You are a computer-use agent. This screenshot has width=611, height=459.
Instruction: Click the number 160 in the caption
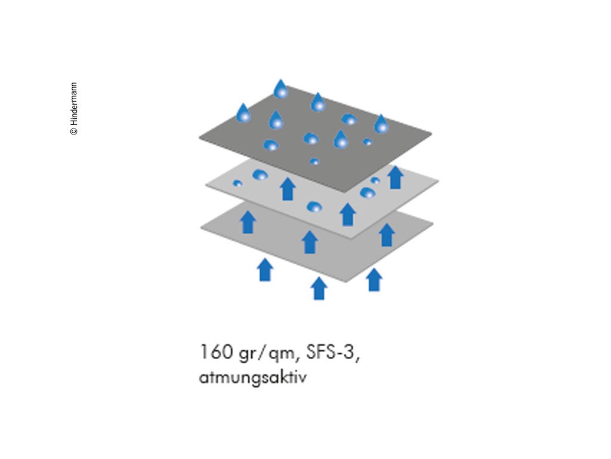coord(216,352)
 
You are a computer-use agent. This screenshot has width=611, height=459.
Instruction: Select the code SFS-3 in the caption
coord(333,352)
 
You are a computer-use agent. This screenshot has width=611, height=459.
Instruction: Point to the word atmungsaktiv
coord(253,378)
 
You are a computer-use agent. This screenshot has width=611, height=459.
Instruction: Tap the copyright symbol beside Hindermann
coord(74,131)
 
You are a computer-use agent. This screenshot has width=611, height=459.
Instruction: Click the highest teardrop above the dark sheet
coord(280,89)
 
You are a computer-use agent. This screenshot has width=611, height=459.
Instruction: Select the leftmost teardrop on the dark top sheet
coord(243,113)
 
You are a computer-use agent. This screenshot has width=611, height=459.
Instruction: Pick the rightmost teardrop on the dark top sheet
coord(381,124)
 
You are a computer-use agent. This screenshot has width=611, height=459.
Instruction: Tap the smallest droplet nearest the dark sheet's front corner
coord(314,161)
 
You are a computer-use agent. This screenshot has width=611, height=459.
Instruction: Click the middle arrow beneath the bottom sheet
coord(319,287)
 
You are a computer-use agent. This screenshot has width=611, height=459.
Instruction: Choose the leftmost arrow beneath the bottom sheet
coord(265,270)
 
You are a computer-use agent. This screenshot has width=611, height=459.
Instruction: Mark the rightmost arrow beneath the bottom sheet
coord(374,280)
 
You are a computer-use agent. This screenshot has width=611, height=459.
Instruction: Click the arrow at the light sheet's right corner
coord(395,177)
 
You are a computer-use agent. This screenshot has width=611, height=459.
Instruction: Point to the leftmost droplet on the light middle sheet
coord(237,183)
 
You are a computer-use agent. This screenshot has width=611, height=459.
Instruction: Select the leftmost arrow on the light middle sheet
coord(288,188)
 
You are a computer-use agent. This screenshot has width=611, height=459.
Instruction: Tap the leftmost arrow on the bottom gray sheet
coord(248,222)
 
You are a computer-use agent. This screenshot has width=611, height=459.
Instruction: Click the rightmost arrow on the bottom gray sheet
coord(387,234)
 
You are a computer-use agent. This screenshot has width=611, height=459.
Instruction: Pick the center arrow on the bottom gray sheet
coord(309,241)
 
